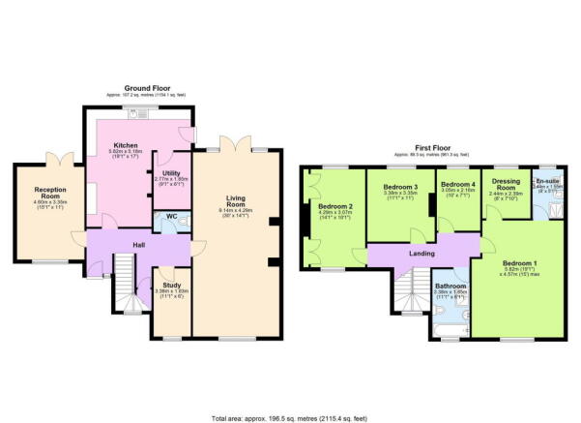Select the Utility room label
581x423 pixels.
coord(172,172)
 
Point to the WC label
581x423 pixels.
coord(170,217)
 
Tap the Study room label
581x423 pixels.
coord(172,285)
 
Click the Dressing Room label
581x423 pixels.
coord(507,185)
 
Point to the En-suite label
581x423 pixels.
coord(548,180)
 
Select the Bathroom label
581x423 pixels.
coord(450,287)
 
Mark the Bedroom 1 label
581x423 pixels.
coord(519,262)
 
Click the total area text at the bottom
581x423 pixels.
coord(290,417)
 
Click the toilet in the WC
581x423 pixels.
coord(187,222)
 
